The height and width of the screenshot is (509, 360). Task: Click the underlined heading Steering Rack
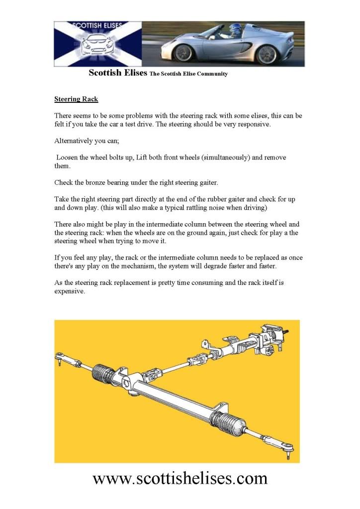coord(76,99)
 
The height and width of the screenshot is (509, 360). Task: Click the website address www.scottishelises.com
coord(180,478)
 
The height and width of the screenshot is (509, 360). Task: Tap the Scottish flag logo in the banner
coord(97,44)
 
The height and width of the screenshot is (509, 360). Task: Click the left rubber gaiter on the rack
coord(105,375)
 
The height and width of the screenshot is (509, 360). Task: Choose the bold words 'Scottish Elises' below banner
coord(118,73)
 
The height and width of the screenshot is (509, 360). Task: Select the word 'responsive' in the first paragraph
coord(252,124)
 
